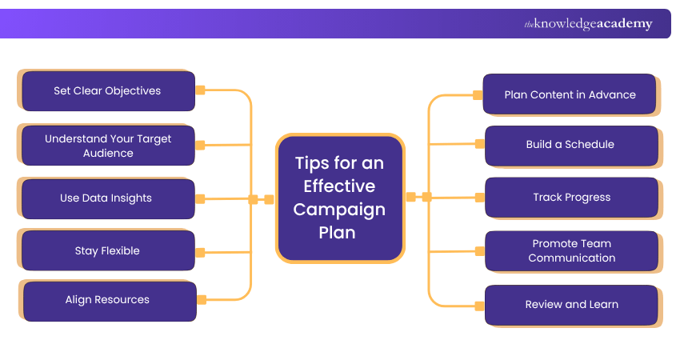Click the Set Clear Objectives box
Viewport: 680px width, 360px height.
(107, 91)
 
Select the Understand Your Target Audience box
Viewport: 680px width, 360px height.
(107, 146)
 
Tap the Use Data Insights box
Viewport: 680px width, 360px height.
(107, 198)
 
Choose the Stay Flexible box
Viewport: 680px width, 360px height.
(107, 251)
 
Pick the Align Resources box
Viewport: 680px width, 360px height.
(108, 300)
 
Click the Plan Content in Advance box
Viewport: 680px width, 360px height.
(570, 94)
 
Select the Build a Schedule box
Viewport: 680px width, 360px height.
(570, 145)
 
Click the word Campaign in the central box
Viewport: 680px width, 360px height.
(339, 210)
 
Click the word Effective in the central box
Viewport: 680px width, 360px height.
(339, 186)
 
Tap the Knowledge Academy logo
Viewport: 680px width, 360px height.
(588, 24)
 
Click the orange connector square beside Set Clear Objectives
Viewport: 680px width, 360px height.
(201, 90)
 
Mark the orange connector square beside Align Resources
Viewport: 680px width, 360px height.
(202, 300)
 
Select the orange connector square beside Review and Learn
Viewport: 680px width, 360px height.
(479, 305)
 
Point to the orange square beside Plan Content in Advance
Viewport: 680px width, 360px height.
(478, 95)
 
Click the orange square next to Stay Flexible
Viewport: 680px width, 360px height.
(200, 252)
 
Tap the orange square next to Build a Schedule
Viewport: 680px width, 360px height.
(479, 144)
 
